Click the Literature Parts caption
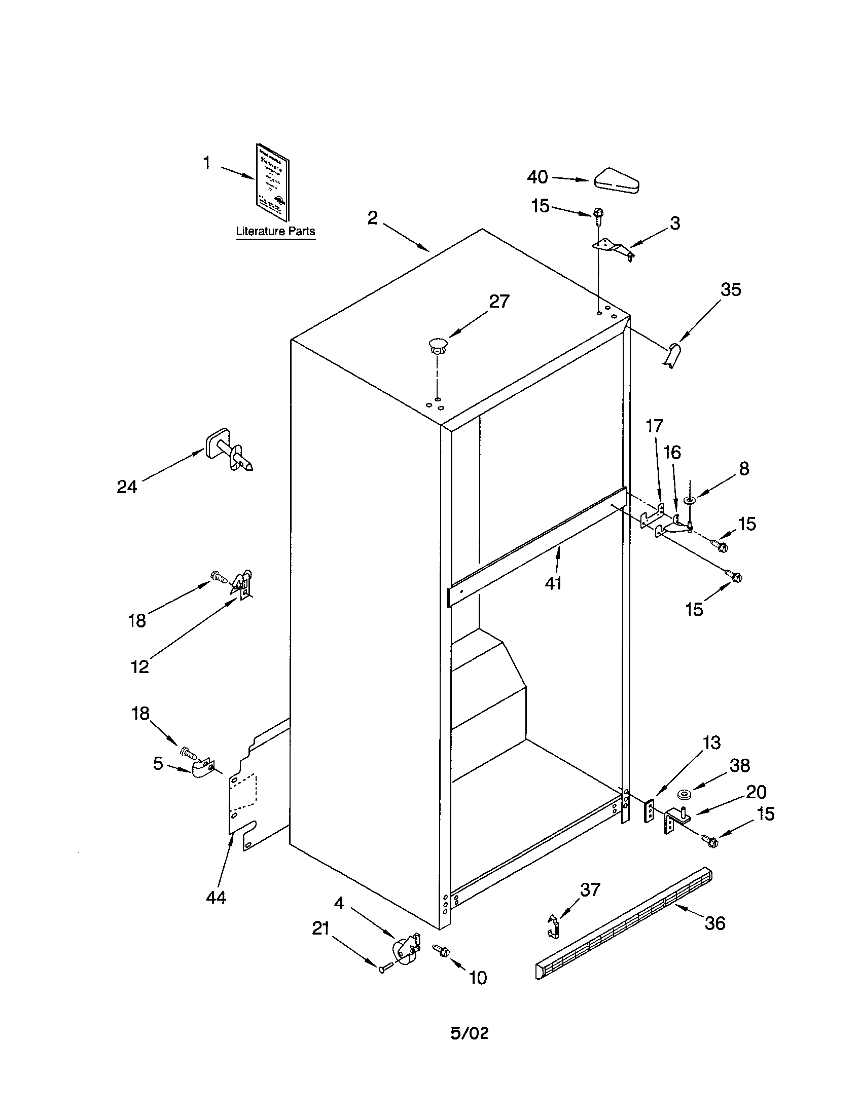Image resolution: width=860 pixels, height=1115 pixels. (275, 231)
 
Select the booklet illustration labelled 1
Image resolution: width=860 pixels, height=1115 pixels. (272, 182)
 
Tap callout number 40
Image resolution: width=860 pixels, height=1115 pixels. (537, 177)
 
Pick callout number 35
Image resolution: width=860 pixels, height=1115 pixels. (730, 289)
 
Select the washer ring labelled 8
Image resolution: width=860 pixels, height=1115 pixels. (691, 498)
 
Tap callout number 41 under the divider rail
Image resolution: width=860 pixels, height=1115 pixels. (553, 583)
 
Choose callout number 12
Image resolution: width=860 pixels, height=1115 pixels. (139, 666)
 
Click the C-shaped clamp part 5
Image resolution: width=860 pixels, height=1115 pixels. (203, 768)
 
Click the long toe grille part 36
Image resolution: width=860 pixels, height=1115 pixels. (623, 923)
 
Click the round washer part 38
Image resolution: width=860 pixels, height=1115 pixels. (684, 794)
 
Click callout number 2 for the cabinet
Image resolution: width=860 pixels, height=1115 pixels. (373, 218)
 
